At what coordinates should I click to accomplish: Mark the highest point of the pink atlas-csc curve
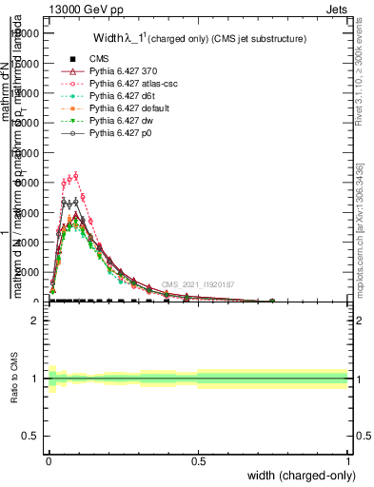(x=75, y=175)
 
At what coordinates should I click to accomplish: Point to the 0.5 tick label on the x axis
(x=198, y=460)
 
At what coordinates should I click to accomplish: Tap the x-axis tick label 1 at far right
(x=348, y=460)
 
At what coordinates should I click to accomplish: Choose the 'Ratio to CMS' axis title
(x=14, y=379)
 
